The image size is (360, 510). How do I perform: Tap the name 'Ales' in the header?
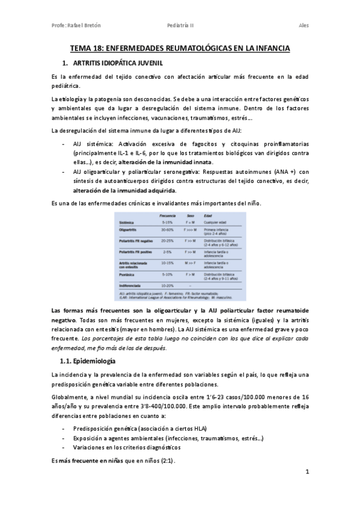click(x=304, y=25)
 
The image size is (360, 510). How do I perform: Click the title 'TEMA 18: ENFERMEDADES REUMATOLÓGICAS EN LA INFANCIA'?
click(x=180, y=48)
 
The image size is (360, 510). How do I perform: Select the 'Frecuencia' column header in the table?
click(x=167, y=215)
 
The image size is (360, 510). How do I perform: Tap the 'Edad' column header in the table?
click(x=209, y=215)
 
